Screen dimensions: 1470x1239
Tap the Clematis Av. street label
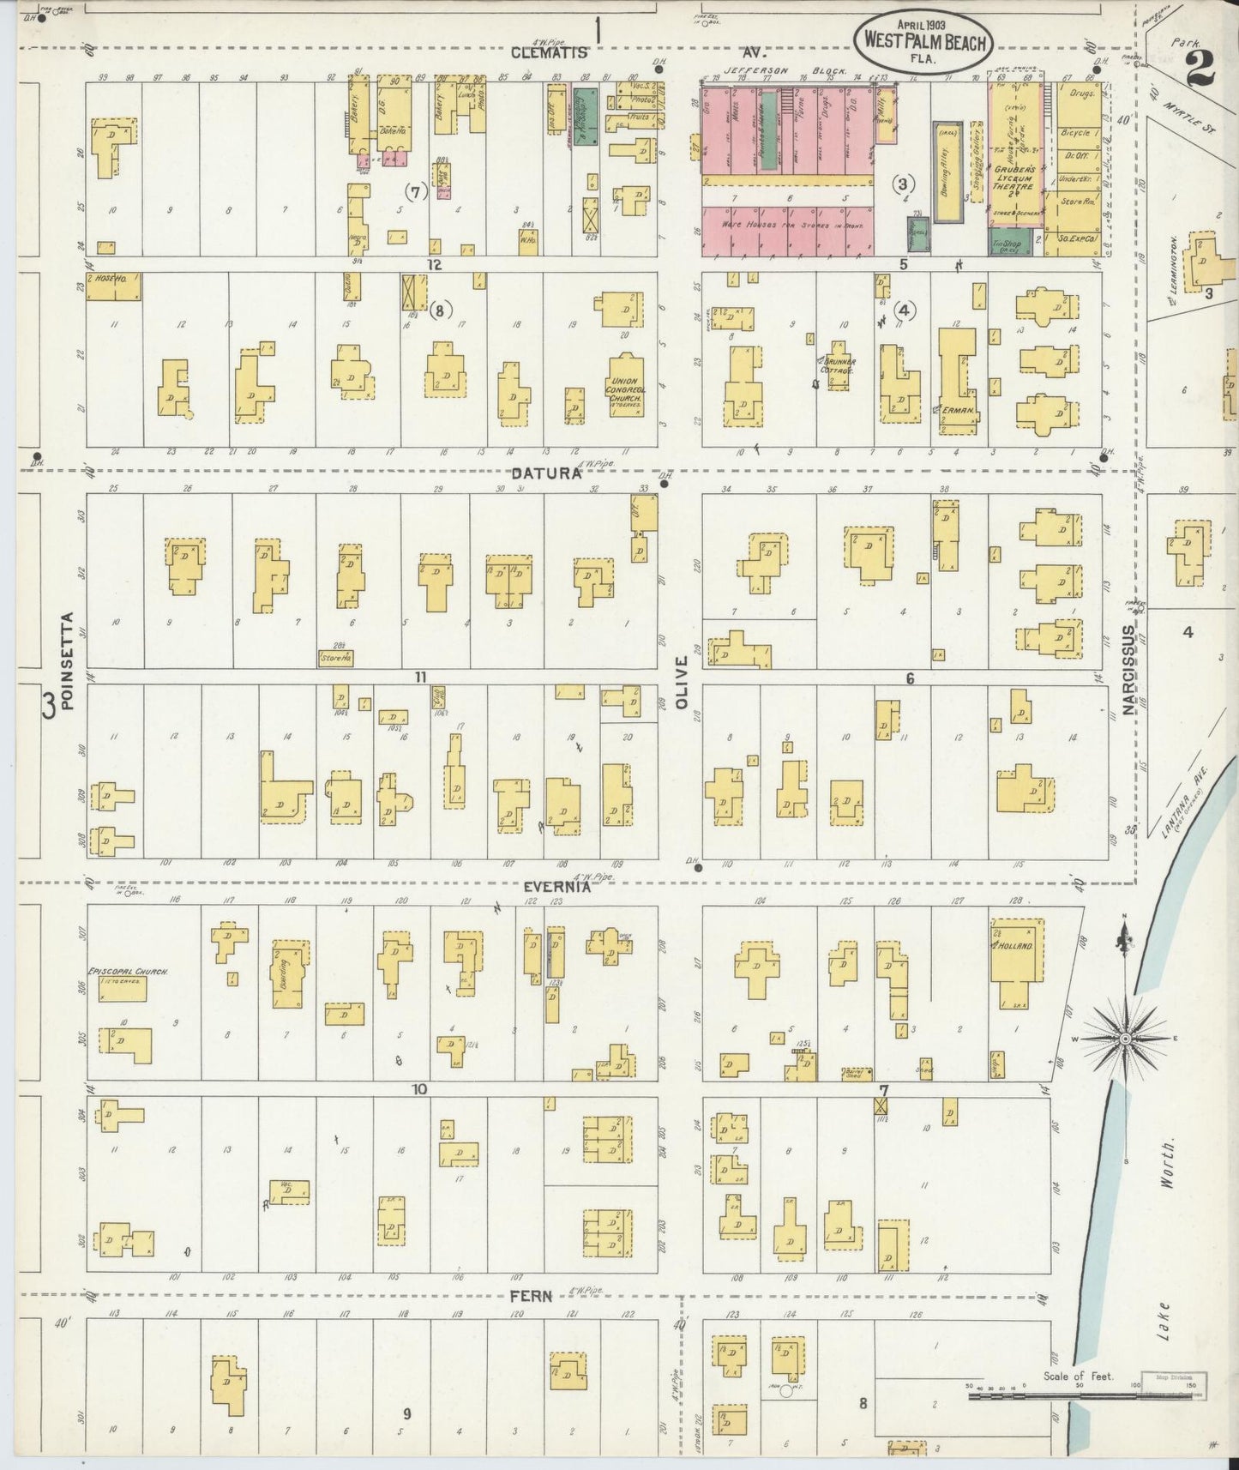coord(549,52)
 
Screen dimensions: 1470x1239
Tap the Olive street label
coord(682,682)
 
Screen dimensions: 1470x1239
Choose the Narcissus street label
coord(1128,670)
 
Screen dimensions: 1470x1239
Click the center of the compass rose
coord(1124,1039)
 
